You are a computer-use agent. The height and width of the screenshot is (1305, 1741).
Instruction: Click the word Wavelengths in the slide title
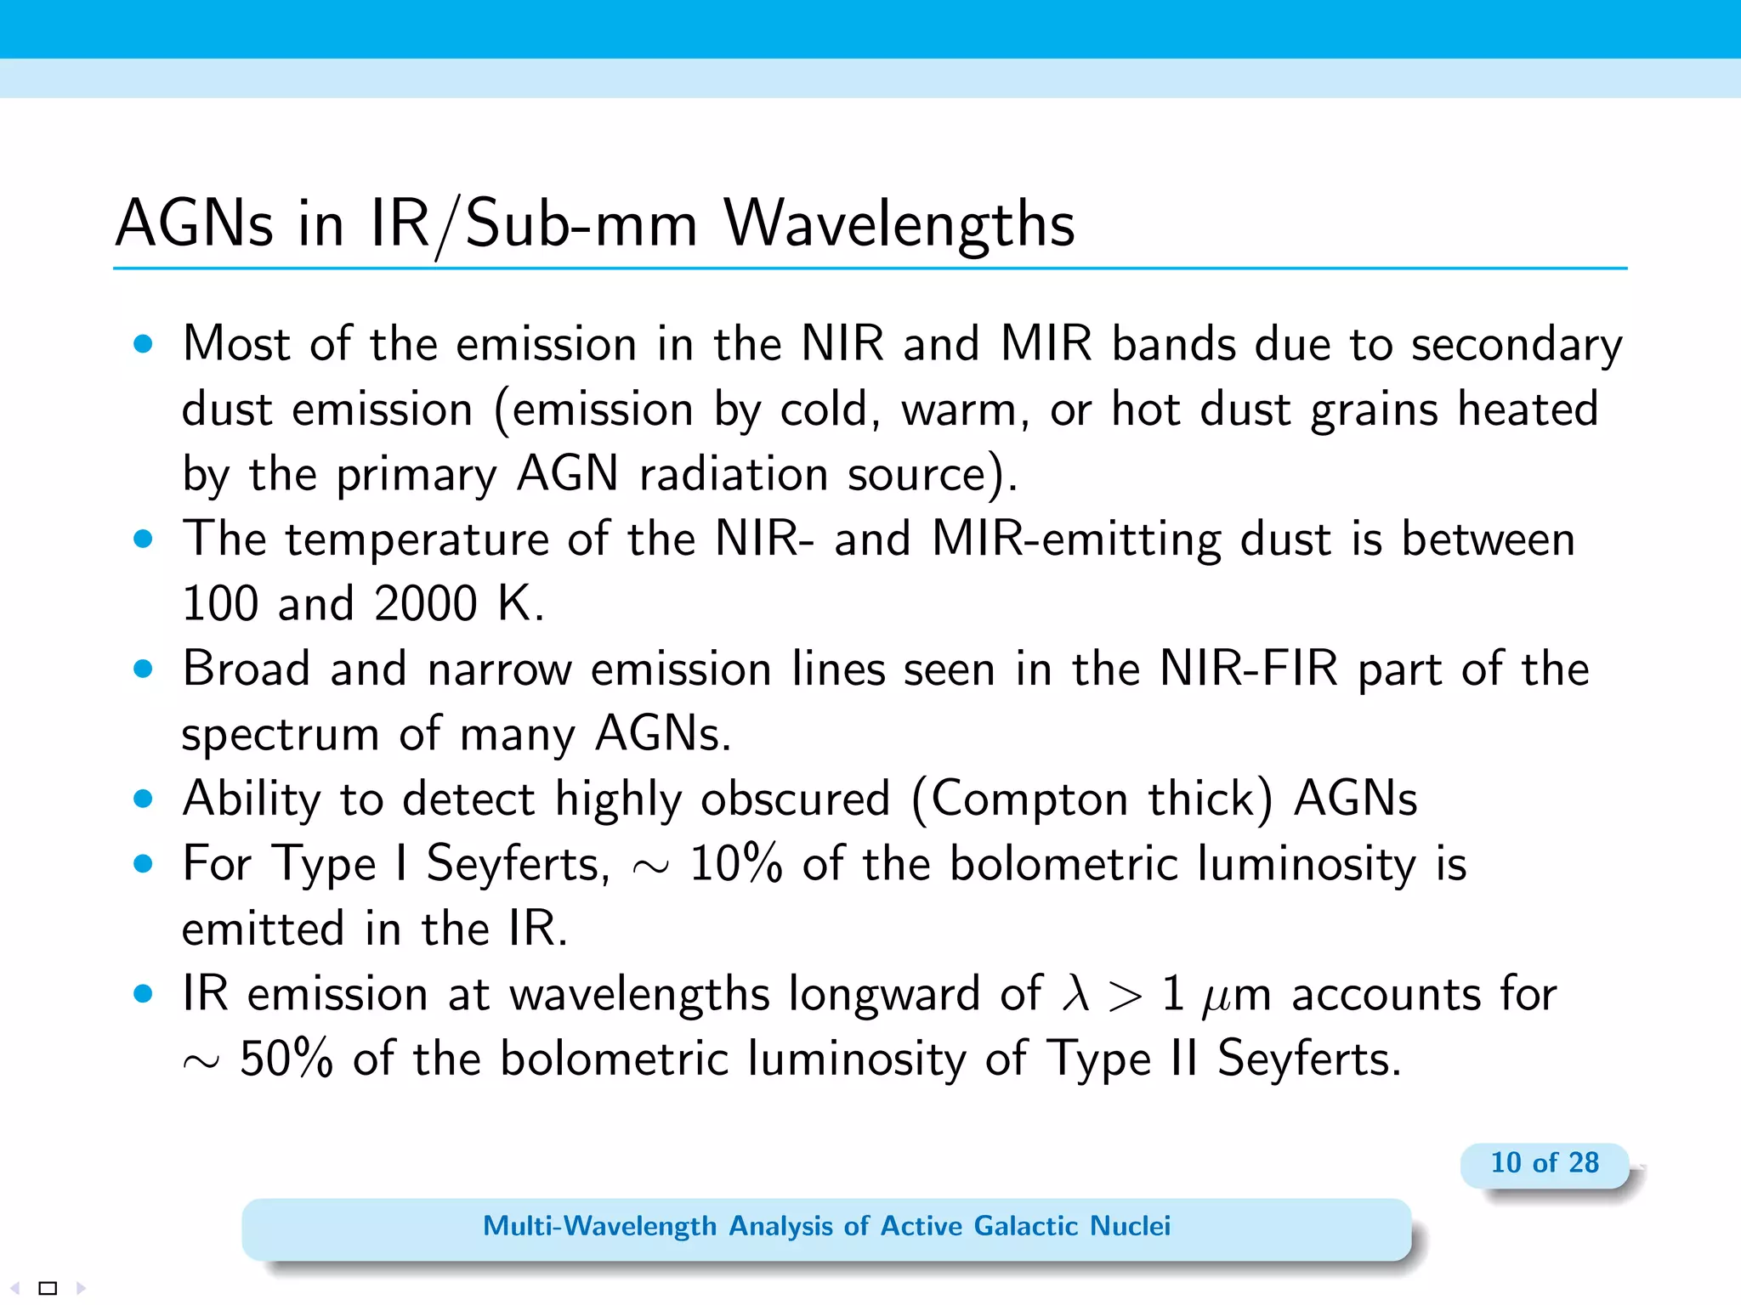click(899, 224)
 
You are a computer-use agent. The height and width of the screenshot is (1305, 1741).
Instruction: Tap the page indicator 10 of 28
click(1544, 1162)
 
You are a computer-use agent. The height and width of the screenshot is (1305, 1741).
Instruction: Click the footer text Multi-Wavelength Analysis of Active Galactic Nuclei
click(826, 1226)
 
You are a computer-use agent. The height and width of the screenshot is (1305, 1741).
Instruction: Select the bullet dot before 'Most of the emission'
click(143, 344)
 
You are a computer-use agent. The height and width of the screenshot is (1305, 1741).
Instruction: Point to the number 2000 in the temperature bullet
click(425, 604)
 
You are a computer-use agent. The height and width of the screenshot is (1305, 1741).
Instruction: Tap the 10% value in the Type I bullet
click(735, 864)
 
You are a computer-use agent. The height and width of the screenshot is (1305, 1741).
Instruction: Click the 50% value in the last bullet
click(286, 1059)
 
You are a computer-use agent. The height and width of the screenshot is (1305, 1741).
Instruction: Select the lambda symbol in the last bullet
click(1075, 993)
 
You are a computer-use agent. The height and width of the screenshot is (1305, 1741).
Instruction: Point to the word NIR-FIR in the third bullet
click(1248, 669)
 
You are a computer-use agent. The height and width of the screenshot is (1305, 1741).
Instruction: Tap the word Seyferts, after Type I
click(518, 864)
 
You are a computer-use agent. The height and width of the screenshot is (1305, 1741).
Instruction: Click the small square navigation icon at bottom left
click(48, 1288)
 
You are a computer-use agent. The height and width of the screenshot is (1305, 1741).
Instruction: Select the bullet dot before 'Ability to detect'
click(143, 799)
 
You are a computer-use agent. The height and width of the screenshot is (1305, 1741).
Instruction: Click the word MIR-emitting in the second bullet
click(1076, 540)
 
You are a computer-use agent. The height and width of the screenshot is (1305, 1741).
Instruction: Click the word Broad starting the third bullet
click(247, 669)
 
